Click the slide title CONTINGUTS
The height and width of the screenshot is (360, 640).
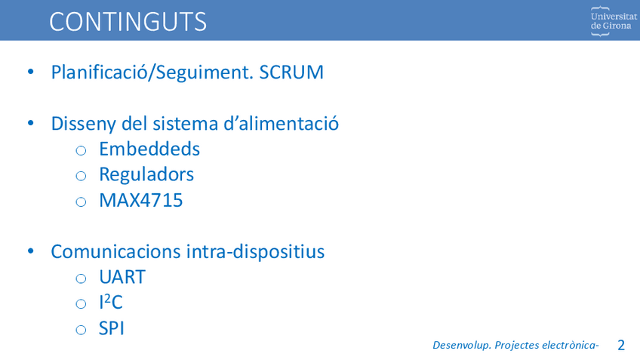pos(128,22)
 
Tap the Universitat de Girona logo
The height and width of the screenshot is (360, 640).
pos(614,21)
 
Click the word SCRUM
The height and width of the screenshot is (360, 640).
pos(291,72)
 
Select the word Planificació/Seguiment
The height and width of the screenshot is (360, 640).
pos(152,72)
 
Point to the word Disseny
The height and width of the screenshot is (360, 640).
pos(83,124)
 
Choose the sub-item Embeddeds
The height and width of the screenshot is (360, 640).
pos(149,149)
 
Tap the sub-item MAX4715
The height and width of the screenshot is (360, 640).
pos(141,201)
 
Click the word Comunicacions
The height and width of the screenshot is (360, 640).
pos(115,251)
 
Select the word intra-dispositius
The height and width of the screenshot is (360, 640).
pos(256,252)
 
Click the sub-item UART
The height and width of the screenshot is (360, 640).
pos(122,277)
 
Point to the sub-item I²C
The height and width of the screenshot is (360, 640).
pos(111,303)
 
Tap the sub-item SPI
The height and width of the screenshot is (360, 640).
pos(112,328)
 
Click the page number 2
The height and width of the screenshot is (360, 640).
pos(621,346)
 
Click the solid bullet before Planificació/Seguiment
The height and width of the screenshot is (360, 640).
pos(31,72)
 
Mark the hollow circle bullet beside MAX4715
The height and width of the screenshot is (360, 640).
pos(81,202)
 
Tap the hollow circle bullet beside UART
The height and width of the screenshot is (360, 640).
pos(81,278)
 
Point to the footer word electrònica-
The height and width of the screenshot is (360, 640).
pos(571,346)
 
